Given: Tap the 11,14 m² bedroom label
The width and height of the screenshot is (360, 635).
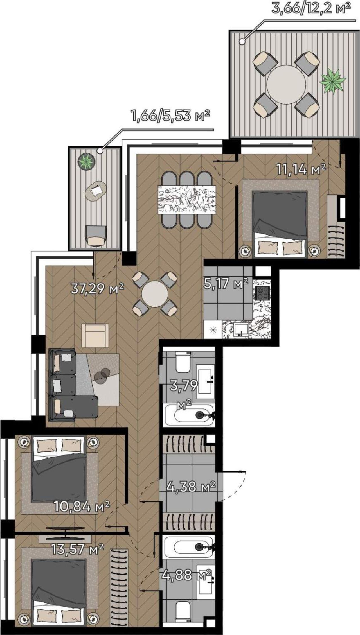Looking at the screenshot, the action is tap(301, 170).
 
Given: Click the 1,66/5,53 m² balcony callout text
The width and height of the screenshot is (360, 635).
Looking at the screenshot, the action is tap(170, 116).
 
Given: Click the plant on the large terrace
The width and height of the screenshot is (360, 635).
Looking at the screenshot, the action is tap(332, 80).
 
